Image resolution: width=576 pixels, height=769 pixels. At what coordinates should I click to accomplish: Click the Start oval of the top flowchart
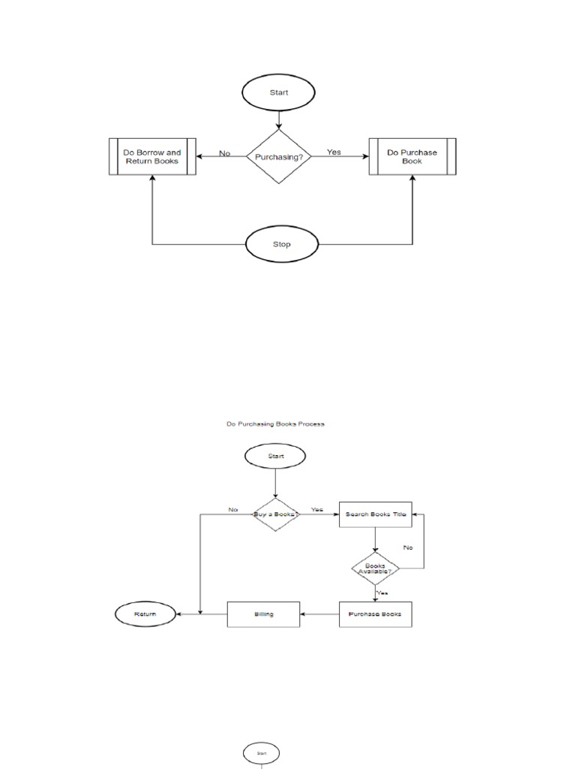(278, 94)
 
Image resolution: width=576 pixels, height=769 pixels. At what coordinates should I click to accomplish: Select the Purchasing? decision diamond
(278, 157)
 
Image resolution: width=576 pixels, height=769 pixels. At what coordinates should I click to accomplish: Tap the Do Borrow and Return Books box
(152, 156)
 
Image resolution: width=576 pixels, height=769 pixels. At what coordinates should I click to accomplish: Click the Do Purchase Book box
(412, 156)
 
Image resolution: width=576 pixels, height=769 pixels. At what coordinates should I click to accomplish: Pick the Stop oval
(282, 244)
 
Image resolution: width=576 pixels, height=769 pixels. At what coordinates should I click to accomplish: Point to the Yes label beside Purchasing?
(334, 152)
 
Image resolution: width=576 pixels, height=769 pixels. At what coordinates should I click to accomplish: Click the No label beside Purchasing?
(225, 153)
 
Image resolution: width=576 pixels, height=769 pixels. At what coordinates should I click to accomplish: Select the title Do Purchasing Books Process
(275, 424)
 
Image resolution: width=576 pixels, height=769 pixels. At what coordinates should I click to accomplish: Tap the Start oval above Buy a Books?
(275, 456)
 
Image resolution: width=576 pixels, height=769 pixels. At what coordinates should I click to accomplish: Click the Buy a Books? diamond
(275, 514)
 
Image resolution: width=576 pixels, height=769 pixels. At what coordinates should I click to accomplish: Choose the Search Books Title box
(376, 514)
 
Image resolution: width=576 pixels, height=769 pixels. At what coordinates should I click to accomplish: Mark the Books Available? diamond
(375, 568)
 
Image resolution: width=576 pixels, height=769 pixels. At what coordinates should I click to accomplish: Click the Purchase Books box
(376, 614)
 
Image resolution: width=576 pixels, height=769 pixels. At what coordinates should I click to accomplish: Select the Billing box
(263, 614)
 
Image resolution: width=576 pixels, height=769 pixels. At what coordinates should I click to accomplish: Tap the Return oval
(145, 614)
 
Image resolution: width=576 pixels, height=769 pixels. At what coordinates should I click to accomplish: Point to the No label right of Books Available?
(408, 547)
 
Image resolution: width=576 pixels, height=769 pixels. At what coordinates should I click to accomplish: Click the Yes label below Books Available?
(382, 593)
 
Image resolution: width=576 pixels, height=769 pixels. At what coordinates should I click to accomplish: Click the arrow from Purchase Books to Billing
(319, 614)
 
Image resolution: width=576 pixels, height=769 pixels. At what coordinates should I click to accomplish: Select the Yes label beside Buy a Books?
(316, 509)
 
